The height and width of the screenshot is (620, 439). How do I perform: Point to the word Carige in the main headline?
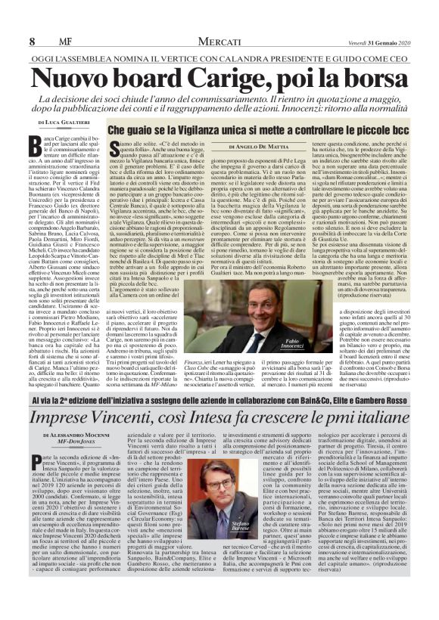click(219, 78)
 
